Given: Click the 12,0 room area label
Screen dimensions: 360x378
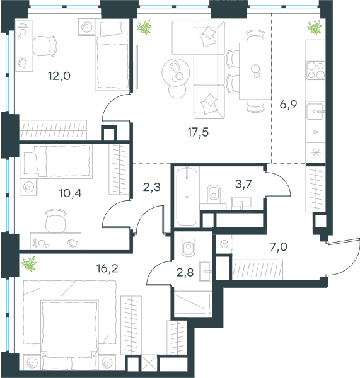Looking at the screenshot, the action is (59, 76).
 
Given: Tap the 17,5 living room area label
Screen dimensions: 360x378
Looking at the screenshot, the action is (198, 132).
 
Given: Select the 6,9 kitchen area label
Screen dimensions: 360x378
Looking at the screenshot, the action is (288, 105).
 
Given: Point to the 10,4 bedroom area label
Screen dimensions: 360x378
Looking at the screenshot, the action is (70, 193).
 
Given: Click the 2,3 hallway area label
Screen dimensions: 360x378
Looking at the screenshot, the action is (152, 187).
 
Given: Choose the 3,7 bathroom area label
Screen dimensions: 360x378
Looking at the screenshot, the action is (244, 184).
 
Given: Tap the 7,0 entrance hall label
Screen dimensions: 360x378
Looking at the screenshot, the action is (279, 247).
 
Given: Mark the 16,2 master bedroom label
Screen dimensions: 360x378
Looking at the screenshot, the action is (107, 268).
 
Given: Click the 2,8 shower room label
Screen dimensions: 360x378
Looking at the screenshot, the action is (185, 273).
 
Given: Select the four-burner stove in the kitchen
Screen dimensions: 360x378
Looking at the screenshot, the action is (316, 71).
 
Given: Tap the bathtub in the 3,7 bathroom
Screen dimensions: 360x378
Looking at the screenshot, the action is (187, 197).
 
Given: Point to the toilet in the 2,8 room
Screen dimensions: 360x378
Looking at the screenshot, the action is (189, 247).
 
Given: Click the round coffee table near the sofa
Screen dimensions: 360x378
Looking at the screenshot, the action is (175, 72).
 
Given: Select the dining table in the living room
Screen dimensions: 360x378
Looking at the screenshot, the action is (255, 71).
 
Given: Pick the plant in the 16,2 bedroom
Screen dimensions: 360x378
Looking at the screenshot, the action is (29, 263).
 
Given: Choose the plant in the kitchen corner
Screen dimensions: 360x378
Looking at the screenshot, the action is (315, 26).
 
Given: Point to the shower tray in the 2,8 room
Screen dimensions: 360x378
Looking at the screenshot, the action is (193, 304).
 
